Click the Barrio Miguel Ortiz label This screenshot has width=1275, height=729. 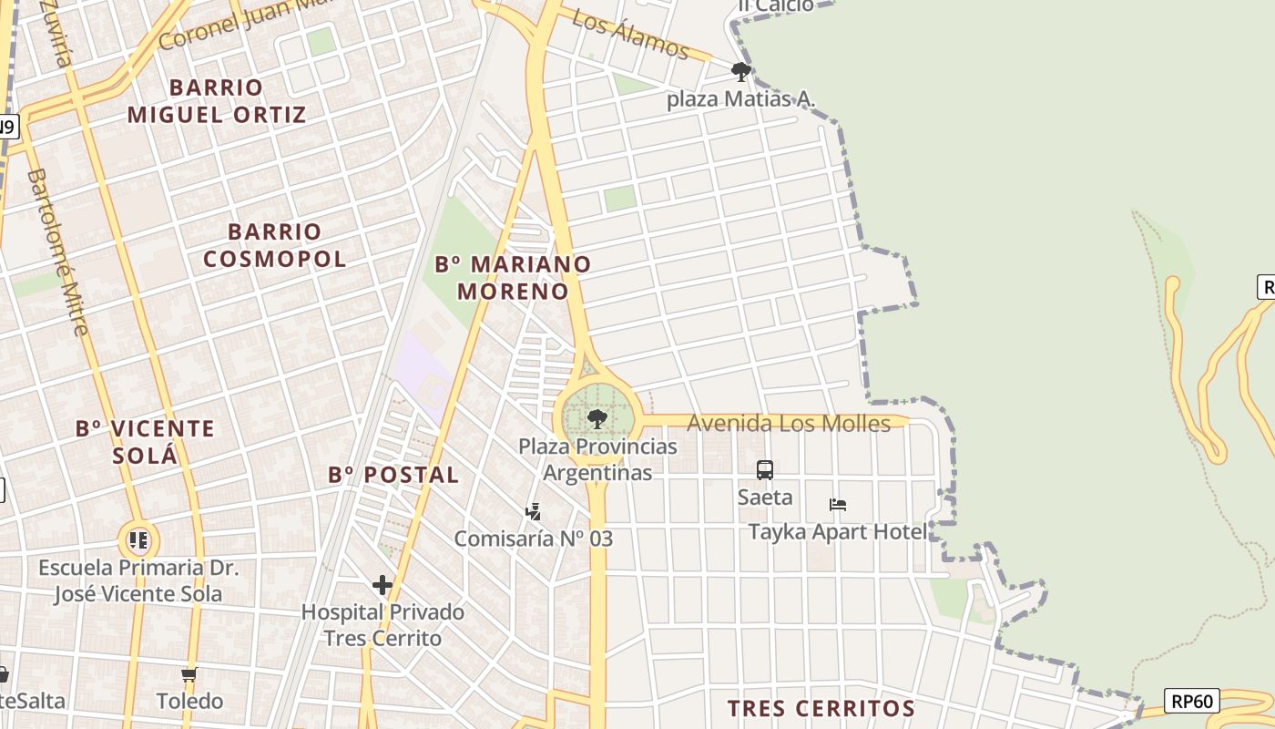[x=217, y=101]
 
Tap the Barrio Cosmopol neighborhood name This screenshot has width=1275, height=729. [x=274, y=245]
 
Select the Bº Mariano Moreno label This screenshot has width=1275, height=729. [x=513, y=277]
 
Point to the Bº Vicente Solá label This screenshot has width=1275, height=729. [x=146, y=441]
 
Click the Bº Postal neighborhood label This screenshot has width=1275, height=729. [x=393, y=475]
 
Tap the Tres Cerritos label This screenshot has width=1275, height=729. [x=821, y=708]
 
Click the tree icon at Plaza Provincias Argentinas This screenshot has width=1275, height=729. [x=597, y=419]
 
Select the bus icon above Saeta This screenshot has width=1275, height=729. [x=765, y=470]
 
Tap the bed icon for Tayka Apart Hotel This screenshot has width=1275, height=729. [x=838, y=505]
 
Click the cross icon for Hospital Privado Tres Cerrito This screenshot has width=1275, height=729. [x=382, y=585]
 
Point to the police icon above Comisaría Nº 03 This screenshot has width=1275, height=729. [x=534, y=512]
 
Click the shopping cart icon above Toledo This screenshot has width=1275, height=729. [x=189, y=675]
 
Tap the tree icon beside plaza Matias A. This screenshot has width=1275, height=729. [x=741, y=71]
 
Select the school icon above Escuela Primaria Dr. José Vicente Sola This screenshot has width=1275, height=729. [x=138, y=540]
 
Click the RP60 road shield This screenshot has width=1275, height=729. [x=1193, y=701]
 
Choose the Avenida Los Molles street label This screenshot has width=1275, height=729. [x=789, y=423]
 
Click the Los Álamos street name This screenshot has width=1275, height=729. [x=630, y=35]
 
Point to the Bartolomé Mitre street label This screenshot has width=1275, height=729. [x=58, y=252]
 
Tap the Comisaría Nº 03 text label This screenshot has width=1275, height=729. [x=534, y=539]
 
